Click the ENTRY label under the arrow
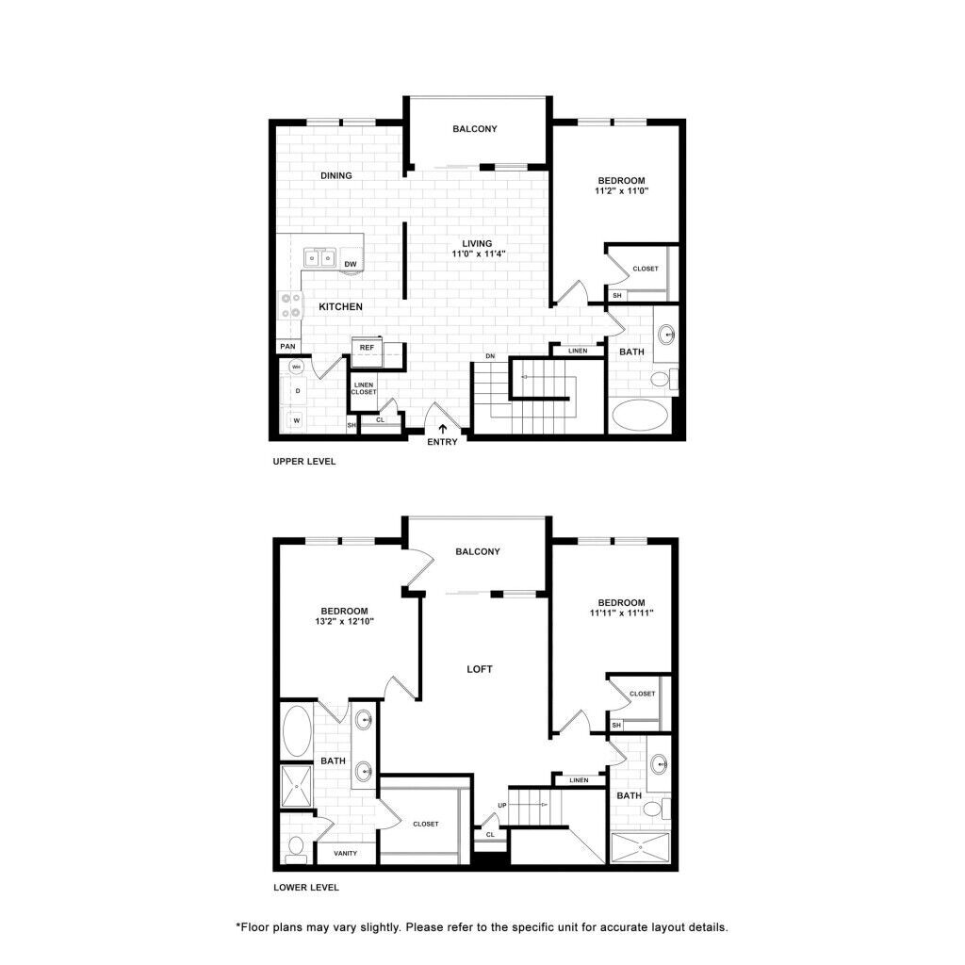pyautogui.click(x=442, y=442)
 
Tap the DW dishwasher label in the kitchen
pyautogui.click(x=350, y=264)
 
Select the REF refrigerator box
pyautogui.click(x=367, y=348)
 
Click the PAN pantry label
pyautogui.click(x=287, y=347)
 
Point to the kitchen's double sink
pyautogui.click(x=320, y=257)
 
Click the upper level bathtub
pyautogui.click(x=641, y=416)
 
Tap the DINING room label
pyautogui.click(x=335, y=175)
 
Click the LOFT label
pyautogui.click(x=480, y=669)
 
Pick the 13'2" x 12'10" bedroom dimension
pyautogui.click(x=343, y=622)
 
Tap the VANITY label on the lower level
pyautogui.click(x=345, y=853)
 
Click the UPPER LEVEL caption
pyautogui.click(x=303, y=463)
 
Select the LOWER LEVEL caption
pyautogui.click(x=305, y=888)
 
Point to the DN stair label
pyautogui.click(x=490, y=356)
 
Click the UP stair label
pyautogui.click(x=501, y=805)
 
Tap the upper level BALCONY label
pyautogui.click(x=475, y=129)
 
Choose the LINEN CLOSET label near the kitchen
pyautogui.click(x=364, y=388)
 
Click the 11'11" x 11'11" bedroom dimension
pyautogui.click(x=621, y=613)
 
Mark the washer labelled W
pyautogui.click(x=297, y=421)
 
